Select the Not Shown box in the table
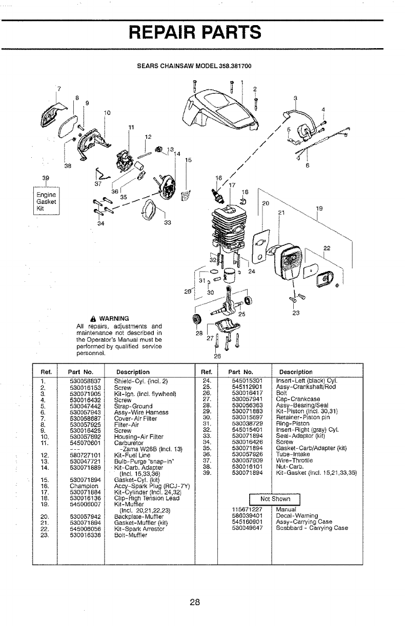pyautogui.click(x=275, y=499)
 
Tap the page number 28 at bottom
pyautogui.click(x=194, y=601)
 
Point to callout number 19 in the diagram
pyautogui.click(x=319, y=208)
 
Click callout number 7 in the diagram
pyautogui.click(x=59, y=89)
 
